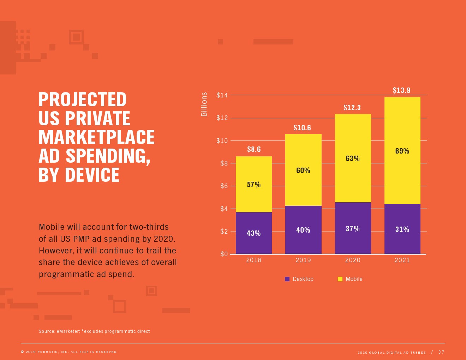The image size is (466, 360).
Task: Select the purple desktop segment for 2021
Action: (402, 244)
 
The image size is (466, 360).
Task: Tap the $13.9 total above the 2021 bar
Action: (402, 90)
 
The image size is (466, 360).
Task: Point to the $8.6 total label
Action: (254, 149)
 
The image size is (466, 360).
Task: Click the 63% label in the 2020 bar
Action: (353, 158)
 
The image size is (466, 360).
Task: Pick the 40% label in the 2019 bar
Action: (303, 230)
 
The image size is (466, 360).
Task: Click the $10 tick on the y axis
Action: (222, 141)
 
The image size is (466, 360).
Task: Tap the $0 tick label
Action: (224, 254)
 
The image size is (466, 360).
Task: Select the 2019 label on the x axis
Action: (303, 260)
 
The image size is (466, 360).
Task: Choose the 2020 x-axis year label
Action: (353, 260)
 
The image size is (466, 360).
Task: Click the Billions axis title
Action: (204, 104)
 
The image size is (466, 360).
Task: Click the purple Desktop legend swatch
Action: (287, 279)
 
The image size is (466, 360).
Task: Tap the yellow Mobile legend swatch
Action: (340, 279)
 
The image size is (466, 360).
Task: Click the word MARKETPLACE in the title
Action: (96, 137)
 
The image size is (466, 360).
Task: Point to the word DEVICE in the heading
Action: (92, 175)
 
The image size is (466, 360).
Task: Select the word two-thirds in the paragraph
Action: (149, 227)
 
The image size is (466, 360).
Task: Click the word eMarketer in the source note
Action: (68, 331)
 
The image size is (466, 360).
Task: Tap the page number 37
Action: (441, 352)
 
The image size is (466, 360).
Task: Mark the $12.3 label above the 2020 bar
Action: (352, 108)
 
